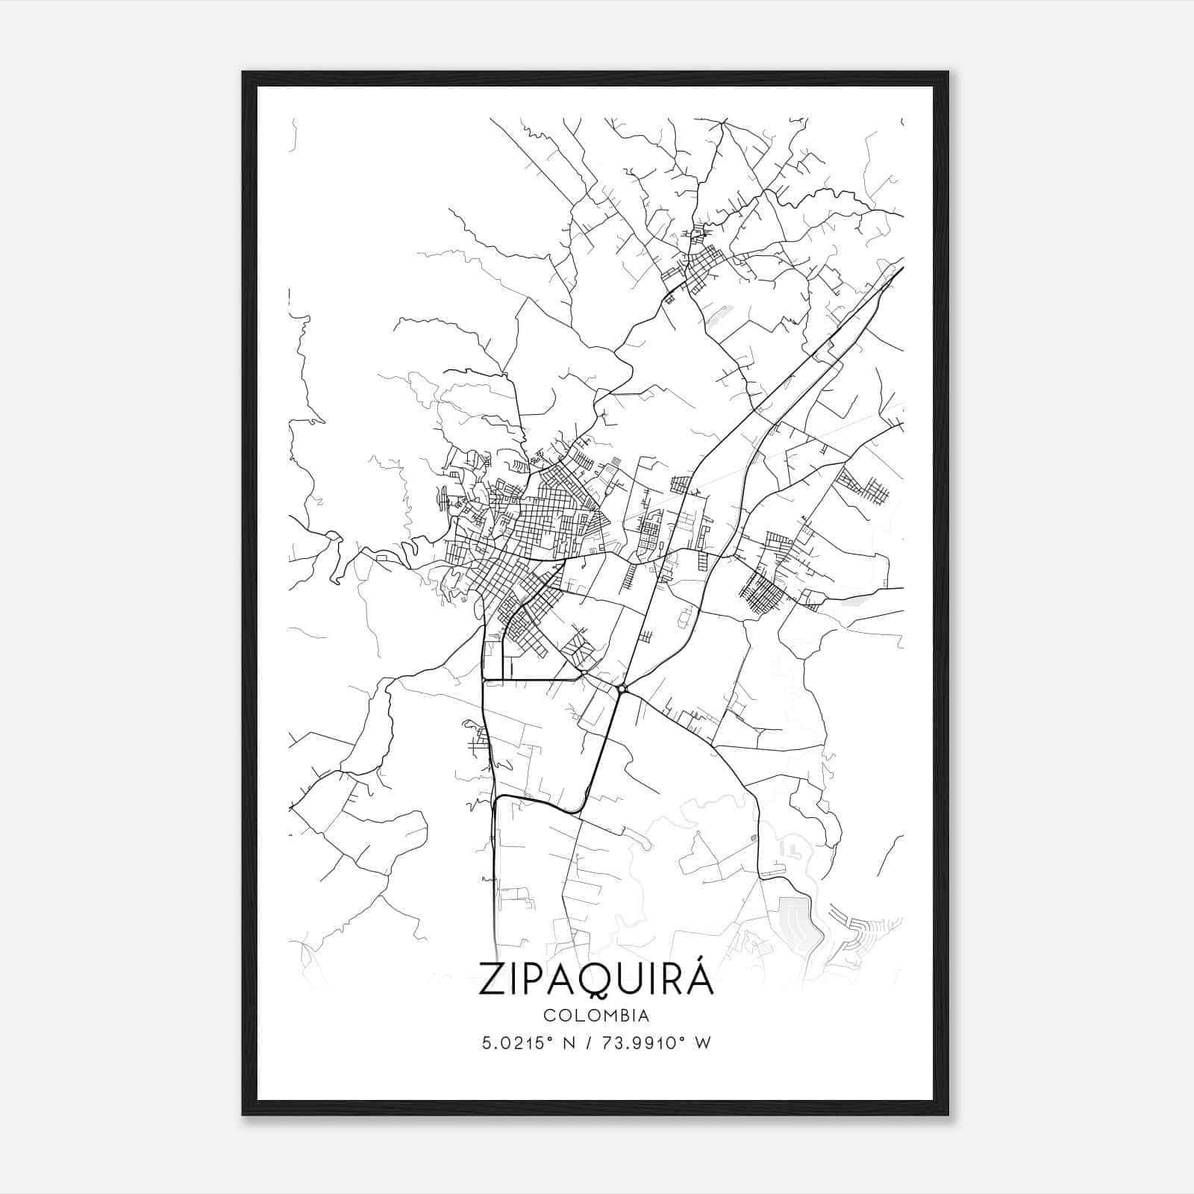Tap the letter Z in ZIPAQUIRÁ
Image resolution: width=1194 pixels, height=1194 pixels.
click(x=494, y=980)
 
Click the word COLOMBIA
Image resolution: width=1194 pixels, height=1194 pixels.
click(x=596, y=1016)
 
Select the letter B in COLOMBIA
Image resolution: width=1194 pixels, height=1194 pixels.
click(x=625, y=1016)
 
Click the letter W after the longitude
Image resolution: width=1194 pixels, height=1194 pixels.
click(x=702, y=1043)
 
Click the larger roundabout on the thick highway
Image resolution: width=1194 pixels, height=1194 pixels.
click(x=622, y=688)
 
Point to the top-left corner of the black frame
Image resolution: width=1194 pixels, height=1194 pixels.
click(x=243, y=72)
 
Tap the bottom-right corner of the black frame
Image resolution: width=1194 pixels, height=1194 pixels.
click(x=948, y=1114)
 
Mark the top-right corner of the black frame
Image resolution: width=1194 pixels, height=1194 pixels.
click(x=948, y=72)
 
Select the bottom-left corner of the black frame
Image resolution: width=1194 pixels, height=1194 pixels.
click(x=243, y=1114)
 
